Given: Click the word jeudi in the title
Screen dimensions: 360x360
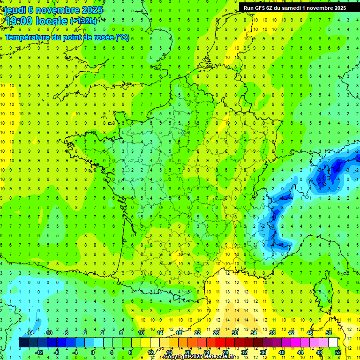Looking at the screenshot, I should tap(15, 10).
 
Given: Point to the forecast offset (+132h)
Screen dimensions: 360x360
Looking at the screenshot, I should tap(84, 21).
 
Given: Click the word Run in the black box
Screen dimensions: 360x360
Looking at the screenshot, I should tap(249, 7).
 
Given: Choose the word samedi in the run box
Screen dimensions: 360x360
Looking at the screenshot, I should tap(296, 7).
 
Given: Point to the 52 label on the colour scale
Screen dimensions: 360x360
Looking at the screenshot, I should tap(338, 352).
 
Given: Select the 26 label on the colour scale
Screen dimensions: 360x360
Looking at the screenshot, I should tap(216, 333).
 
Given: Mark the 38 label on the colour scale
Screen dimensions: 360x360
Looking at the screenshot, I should tap(272, 333).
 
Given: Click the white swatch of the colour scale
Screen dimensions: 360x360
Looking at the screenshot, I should tap(333, 343).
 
